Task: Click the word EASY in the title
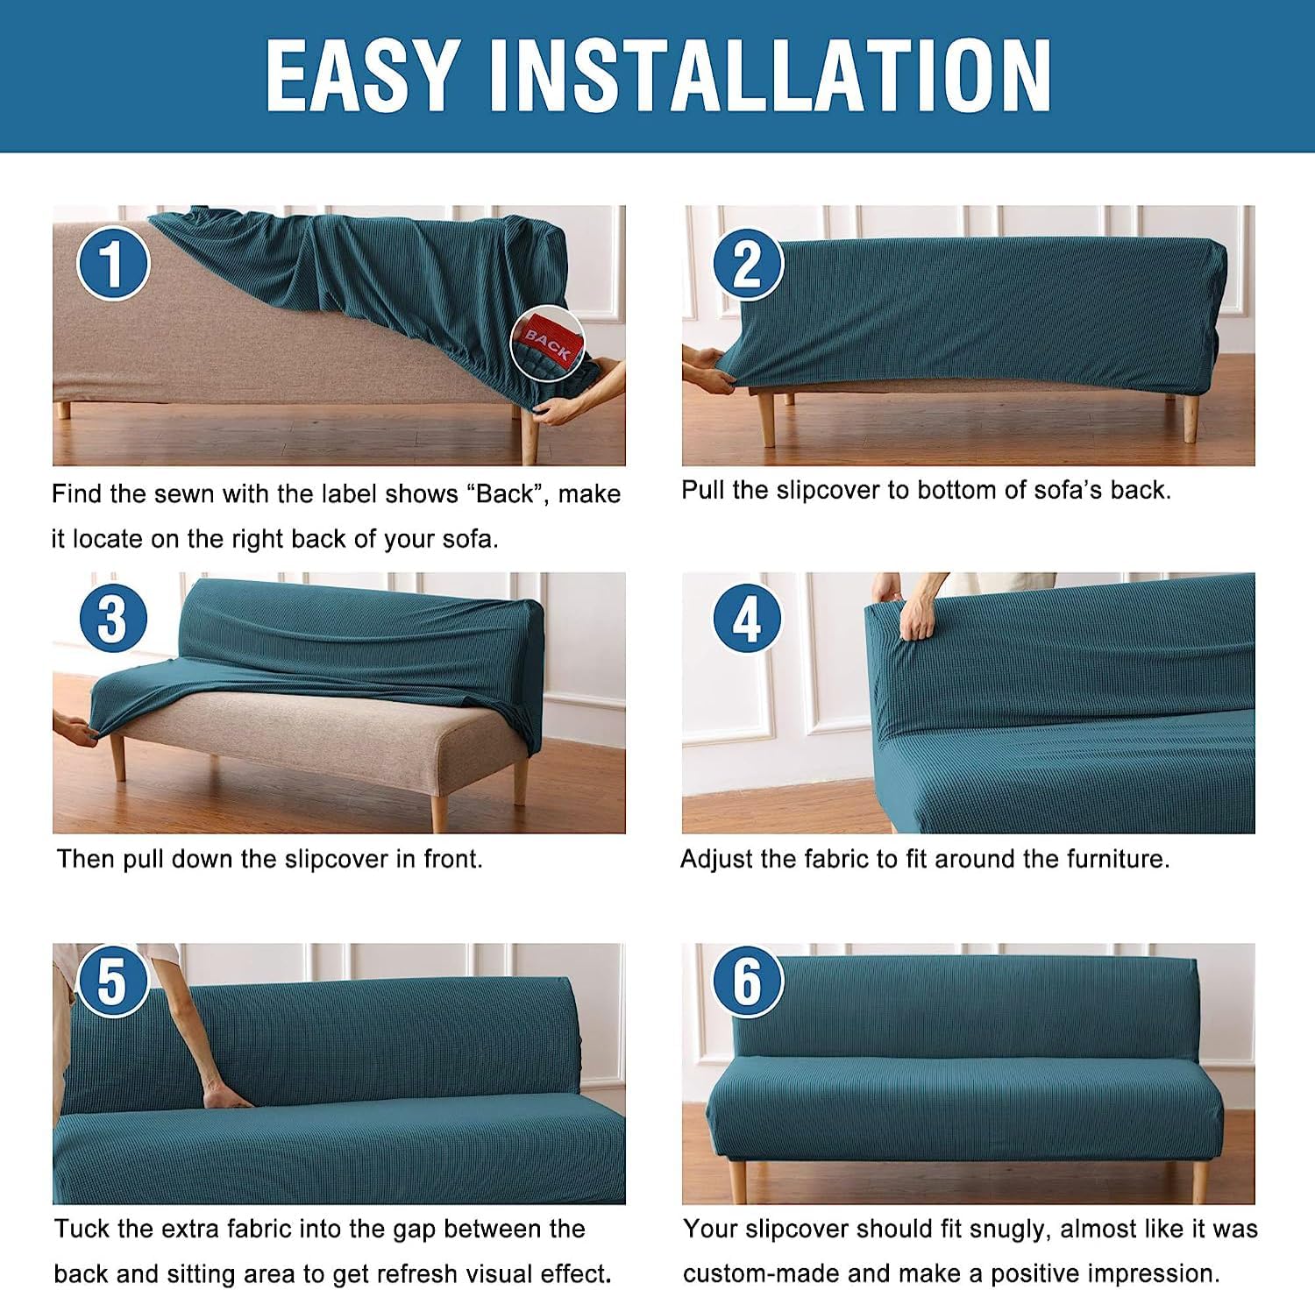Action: pyautogui.click(x=361, y=75)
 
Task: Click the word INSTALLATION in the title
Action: pyautogui.click(x=770, y=75)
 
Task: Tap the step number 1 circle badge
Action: pyautogui.click(x=113, y=262)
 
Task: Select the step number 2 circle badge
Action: pyautogui.click(x=747, y=262)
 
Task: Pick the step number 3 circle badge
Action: pyautogui.click(x=113, y=619)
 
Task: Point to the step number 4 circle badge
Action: pyautogui.click(x=747, y=619)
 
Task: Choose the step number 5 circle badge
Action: pyautogui.click(x=113, y=981)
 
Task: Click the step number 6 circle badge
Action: pyautogui.click(x=747, y=981)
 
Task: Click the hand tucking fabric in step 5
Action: pyautogui.click(x=223, y=1095)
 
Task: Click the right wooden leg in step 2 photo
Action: pyautogui.click(x=1190, y=419)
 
